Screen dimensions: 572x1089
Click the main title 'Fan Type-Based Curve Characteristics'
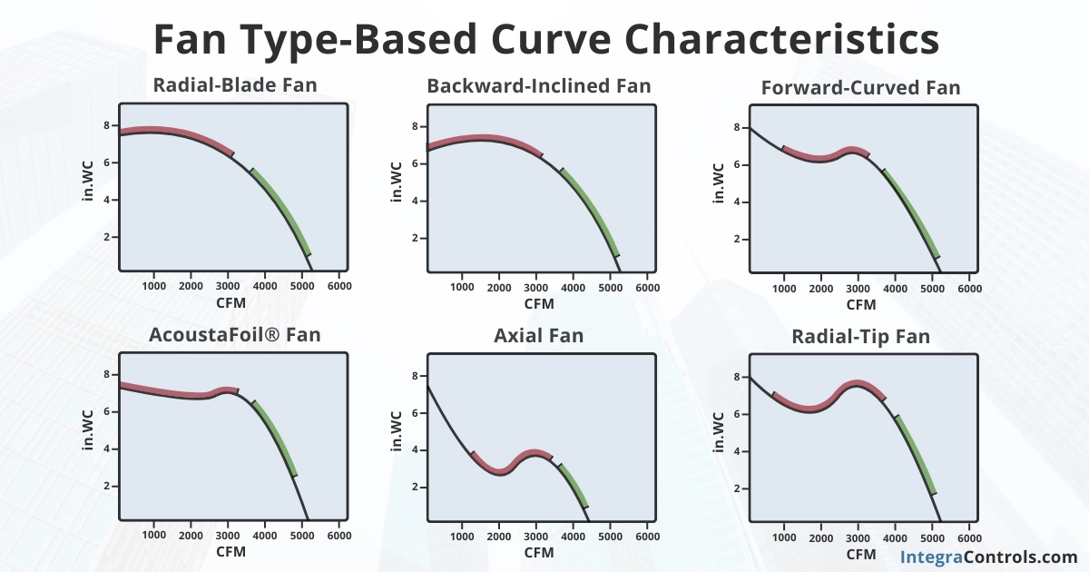(544, 40)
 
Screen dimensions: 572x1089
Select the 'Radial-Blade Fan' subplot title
(234, 86)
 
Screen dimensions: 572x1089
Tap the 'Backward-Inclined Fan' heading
(539, 86)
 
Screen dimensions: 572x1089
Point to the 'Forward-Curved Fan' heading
(860, 88)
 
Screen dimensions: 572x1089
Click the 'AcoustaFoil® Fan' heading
(234, 335)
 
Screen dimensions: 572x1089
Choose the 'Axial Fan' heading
(539, 336)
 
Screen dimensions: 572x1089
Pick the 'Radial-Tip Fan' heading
(860, 337)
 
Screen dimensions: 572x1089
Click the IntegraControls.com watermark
(988, 557)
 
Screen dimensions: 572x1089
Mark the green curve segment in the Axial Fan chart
(574, 486)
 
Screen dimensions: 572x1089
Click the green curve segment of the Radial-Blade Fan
(283, 212)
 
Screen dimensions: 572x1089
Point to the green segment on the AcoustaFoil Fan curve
(276, 439)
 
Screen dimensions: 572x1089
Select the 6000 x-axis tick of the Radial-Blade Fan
(339, 286)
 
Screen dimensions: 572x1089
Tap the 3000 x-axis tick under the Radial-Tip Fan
(858, 538)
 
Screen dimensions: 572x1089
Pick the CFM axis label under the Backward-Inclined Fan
(539, 304)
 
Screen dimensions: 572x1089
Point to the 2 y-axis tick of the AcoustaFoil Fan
(106, 486)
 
